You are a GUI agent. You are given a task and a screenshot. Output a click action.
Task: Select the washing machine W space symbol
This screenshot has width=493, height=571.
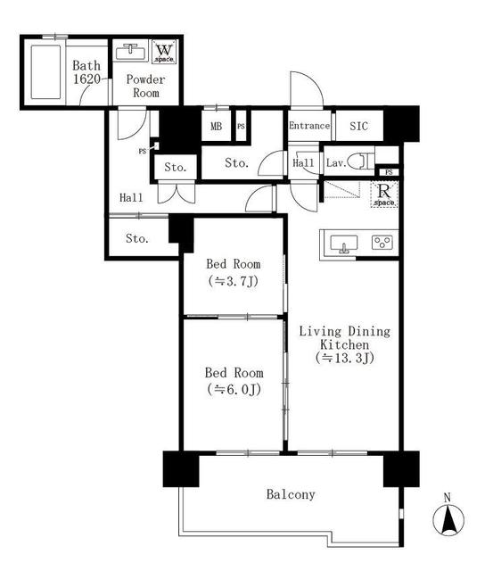(x=164, y=52)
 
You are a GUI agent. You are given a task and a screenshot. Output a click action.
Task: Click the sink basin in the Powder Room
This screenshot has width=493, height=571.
(x=131, y=50)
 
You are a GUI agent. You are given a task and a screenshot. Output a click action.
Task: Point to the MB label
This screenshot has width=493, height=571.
(x=216, y=126)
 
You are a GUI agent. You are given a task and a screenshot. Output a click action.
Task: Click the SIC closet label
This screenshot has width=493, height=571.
(x=359, y=126)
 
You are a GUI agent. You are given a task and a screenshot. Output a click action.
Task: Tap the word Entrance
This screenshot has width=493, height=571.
(x=309, y=126)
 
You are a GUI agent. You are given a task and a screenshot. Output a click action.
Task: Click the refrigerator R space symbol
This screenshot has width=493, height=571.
(x=384, y=194)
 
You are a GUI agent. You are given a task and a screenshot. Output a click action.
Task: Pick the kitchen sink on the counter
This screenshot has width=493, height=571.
(x=343, y=243)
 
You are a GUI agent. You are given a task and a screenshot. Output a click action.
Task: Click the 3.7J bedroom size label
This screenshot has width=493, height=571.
(x=234, y=281)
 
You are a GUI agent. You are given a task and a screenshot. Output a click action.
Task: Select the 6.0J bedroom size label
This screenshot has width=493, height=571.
(x=234, y=389)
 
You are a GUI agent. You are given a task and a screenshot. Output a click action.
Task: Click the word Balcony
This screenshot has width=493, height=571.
(x=291, y=493)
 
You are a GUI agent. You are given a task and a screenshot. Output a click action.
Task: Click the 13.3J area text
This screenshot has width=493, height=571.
(x=343, y=358)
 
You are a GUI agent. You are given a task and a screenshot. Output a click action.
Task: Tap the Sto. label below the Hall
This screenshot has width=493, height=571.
(x=136, y=238)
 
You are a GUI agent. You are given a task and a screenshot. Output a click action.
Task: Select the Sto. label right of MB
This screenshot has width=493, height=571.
(x=235, y=162)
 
